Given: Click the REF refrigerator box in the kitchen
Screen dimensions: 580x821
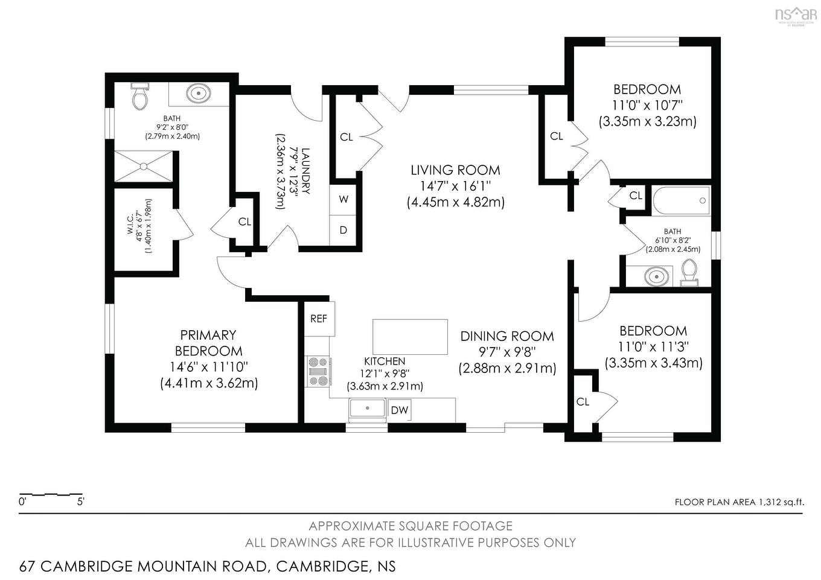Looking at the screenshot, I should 319,318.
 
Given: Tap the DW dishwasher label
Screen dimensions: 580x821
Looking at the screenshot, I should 399,410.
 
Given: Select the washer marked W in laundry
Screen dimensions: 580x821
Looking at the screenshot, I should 343,199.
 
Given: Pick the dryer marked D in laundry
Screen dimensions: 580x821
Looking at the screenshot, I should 343,230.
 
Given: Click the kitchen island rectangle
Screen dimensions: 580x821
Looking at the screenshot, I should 410,337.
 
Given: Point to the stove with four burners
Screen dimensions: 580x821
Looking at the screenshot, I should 318,371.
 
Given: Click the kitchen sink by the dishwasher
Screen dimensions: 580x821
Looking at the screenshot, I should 367,409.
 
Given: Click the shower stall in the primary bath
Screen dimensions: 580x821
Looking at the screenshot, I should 144,165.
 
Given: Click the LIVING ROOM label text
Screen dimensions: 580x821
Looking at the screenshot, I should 455,170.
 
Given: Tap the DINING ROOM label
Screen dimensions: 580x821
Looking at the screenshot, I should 506,336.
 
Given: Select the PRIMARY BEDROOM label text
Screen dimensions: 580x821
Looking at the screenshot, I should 208,343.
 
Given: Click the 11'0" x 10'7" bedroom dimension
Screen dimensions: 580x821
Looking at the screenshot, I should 647,105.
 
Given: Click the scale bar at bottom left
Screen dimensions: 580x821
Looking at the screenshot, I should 51,495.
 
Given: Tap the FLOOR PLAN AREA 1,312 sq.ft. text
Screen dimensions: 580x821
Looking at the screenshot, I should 739,502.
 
